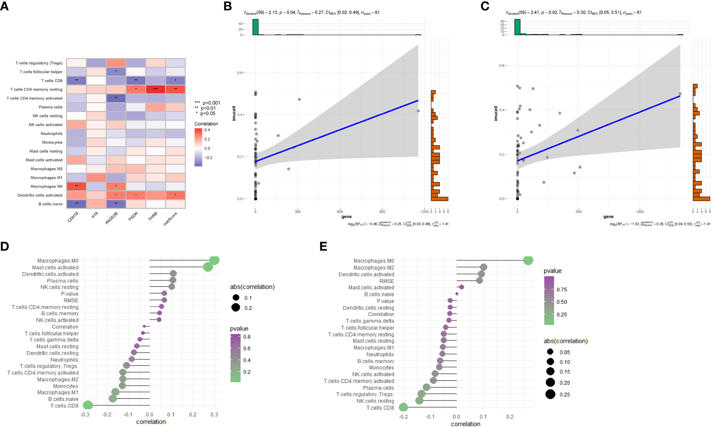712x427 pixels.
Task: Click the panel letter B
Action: point(228,6)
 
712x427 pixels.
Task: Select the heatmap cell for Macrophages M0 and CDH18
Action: point(76,186)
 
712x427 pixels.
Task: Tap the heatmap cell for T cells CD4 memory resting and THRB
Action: point(155,89)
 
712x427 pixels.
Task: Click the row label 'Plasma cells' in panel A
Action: point(50,107)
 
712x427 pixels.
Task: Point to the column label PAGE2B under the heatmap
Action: point(111,218)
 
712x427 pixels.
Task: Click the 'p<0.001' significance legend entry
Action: point(211,103)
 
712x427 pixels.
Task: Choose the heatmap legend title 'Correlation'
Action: point(206,124)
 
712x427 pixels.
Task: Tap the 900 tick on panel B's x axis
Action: point(382,212)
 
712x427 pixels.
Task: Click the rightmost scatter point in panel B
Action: point(418,111)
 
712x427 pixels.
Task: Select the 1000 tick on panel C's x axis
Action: point(639,212)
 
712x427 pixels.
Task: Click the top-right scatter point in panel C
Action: point(680,94)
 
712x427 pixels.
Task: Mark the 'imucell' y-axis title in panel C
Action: point(496,113)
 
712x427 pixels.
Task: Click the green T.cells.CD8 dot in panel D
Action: point(88,405)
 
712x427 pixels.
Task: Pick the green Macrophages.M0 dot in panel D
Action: point(214,260)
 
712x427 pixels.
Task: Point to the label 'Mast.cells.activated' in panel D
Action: point(55,268)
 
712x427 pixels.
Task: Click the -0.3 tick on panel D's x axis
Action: point(85,415)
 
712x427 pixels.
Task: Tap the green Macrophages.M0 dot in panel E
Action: point(528,260)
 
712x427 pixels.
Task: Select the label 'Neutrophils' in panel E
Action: point(380,354)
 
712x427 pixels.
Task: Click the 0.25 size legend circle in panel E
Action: point(550,395)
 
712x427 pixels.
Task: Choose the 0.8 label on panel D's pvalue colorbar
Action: point(247,337)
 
